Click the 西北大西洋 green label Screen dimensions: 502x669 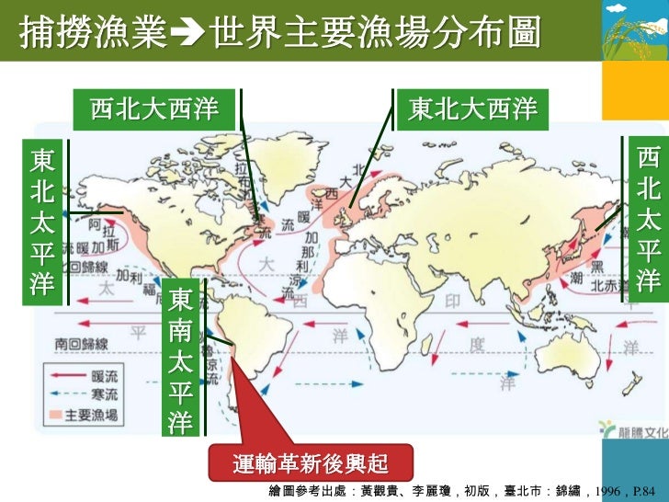coord(154,111)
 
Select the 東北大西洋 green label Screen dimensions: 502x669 coord(472,111)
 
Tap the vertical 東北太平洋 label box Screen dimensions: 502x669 coord(41,222)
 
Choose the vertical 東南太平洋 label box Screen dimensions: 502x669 coord(181,359)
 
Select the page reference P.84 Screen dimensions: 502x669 coord(648,491)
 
